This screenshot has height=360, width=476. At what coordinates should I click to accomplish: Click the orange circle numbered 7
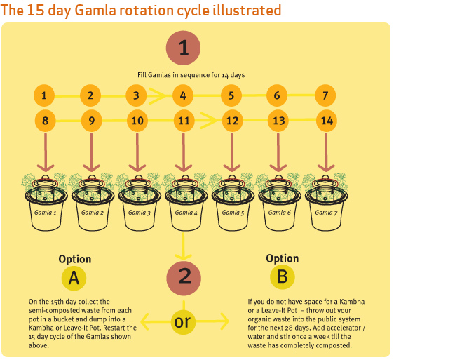[325, 95]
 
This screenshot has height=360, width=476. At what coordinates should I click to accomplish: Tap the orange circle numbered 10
[137, 121]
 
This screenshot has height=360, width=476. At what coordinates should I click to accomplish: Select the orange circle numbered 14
[327, 121]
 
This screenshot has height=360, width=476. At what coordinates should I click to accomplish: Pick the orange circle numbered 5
[231, 95]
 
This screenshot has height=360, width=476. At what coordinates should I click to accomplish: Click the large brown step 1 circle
[183, 48]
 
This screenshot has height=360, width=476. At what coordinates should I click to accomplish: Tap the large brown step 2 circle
[184, 278]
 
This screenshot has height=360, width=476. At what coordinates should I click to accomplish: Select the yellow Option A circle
[74, 278]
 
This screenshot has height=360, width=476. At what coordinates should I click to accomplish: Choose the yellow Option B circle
[283, 276]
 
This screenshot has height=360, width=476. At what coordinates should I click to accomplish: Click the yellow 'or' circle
[182, 321]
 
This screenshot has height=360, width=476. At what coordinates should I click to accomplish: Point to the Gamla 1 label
[45, 213]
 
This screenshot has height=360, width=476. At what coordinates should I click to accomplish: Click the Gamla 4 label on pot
[186, 213]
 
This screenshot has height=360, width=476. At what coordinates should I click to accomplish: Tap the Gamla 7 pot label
[326, 213]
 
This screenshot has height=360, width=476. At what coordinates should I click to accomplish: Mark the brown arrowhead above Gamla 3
[137, 168]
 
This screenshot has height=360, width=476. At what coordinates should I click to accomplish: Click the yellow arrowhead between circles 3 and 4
[157, 95]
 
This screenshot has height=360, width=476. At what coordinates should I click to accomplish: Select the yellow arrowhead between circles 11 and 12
[209, 121]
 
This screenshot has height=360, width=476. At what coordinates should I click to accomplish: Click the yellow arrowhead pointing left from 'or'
[145, 321]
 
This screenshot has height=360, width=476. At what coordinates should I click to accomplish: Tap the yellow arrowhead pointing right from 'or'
[224, 321]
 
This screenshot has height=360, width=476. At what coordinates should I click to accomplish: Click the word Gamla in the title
[95, 10]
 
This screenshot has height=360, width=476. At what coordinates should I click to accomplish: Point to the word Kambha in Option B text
[352, 302]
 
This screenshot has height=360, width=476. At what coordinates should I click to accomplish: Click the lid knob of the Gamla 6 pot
[279, 178]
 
